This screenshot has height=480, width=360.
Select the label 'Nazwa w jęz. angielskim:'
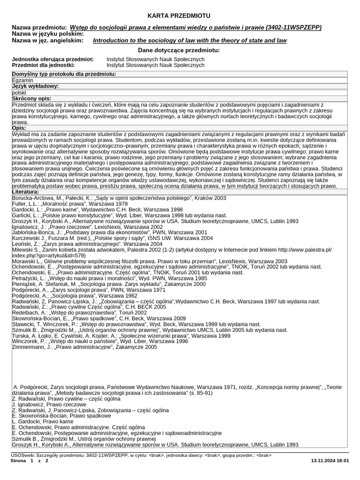click(x=48, y=41)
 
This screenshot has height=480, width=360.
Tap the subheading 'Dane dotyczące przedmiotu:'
click(x=179, y=50)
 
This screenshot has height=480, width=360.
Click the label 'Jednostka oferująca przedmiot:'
click(x=52, y=60)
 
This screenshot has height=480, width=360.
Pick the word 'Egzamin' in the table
click(x=22, y=80)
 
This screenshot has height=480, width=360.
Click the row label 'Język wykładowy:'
click(x=35, y=86)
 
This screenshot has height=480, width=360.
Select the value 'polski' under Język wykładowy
click(x=19, y=93)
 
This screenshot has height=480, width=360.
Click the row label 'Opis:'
click(x=19, y=128)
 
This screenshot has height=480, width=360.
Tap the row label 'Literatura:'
click(x=26, y=192)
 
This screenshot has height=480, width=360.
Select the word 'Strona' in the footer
click(x=19, y=461)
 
